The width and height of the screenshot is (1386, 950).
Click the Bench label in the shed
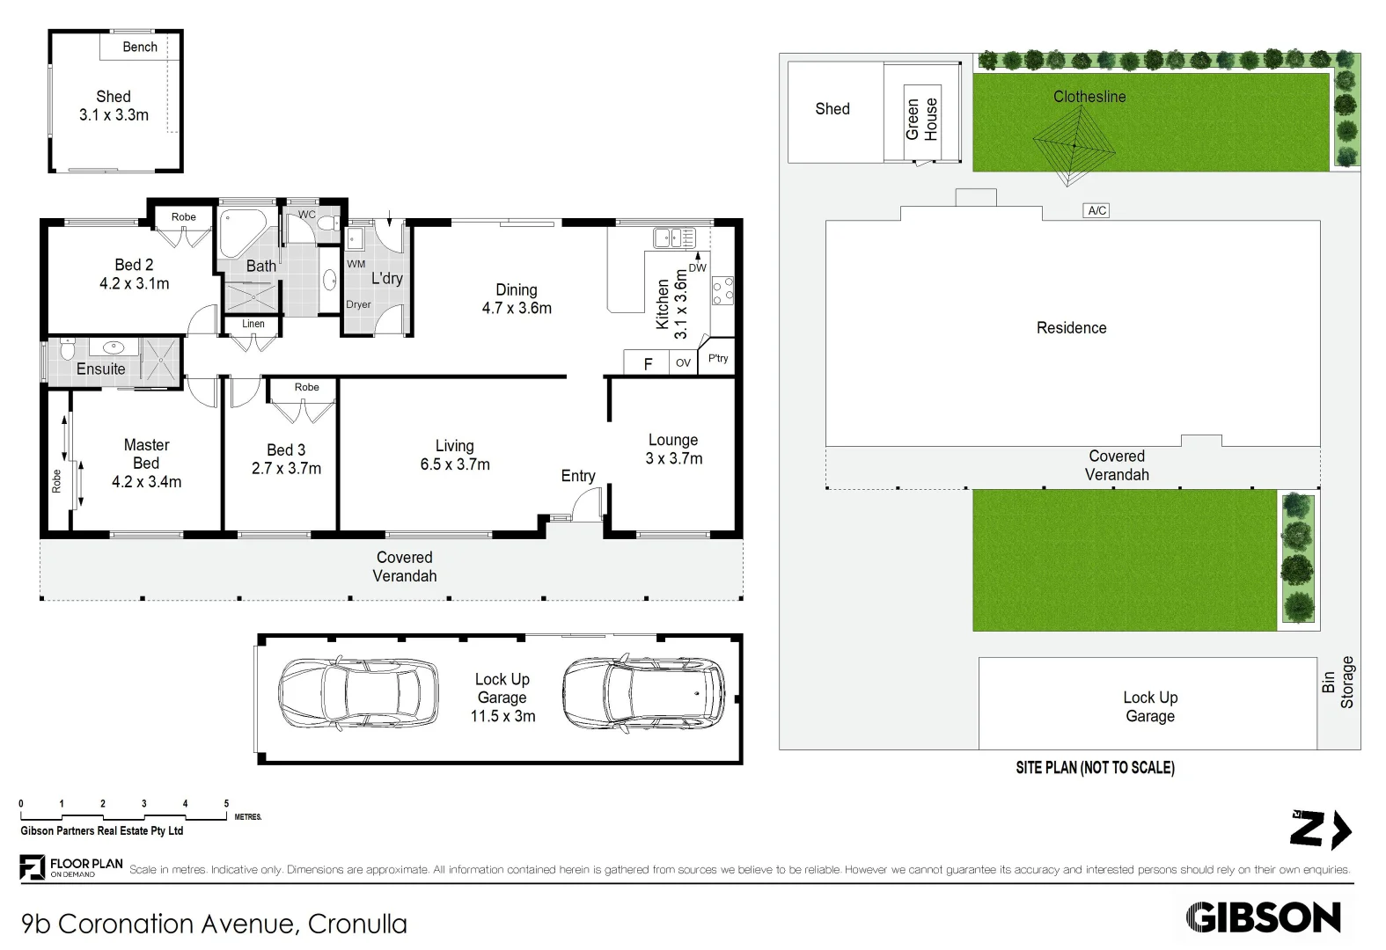click(x=139, y=47)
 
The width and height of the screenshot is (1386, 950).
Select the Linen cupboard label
click(x=253, y=324)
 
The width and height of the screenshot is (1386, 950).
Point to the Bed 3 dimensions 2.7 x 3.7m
click(x=286, y=469)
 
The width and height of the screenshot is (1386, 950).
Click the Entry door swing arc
click(x=584, y=504)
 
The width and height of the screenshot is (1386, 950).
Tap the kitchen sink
click(x=673, y=237)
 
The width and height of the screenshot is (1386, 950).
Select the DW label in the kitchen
click(x=697, y=268)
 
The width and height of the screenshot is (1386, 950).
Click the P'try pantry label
click(x=718, y=358)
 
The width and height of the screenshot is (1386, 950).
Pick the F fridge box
click(x=648, y=363)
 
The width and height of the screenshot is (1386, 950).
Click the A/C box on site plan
click(x=1096, y=210)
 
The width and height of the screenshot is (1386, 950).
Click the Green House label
click(x=921, y=120)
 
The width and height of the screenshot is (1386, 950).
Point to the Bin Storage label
click(x=1338, y=682)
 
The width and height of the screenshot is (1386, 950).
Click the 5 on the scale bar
click(x=226, y=803)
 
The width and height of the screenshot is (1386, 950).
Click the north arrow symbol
click(x=1320, y=829)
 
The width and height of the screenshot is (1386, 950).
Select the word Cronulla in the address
click(x=357, y=924)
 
